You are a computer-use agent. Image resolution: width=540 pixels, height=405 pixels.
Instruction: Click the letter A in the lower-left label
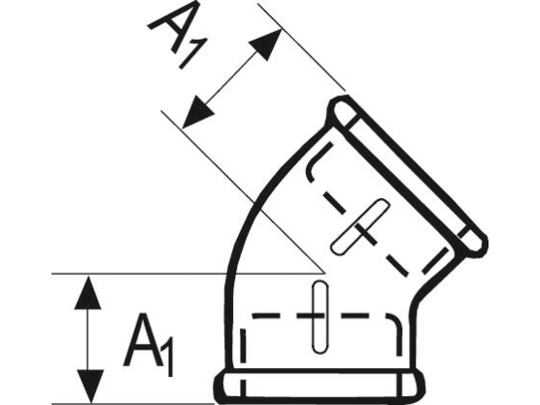tap(143, 339)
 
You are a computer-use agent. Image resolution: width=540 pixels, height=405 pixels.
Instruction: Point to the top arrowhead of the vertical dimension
tap(88, 292)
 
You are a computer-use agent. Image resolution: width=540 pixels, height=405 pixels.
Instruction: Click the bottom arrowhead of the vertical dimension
tap(90, 386)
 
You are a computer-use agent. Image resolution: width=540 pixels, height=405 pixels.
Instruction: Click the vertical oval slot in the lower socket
tap(320, 317)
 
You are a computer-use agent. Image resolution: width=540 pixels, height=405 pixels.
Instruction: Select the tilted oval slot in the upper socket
tap(360, 226)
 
